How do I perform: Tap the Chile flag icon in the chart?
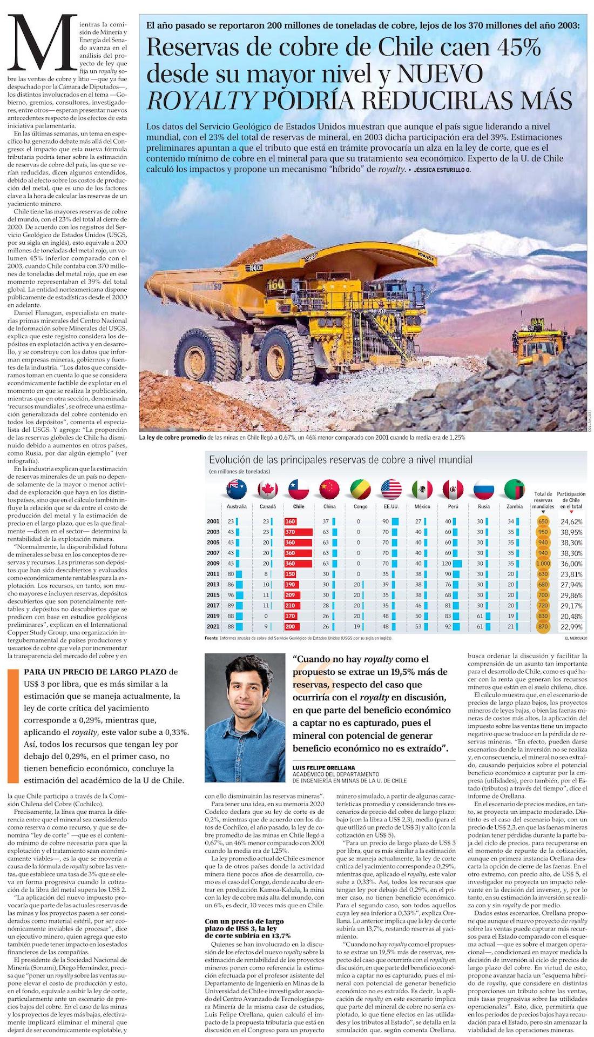click(299, 490)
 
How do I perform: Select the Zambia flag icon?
click(514, 490)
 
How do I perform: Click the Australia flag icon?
click(237, 490)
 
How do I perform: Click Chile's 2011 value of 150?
click(291, 574)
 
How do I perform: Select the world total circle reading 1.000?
click(543, 564)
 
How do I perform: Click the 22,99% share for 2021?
click(571, 627)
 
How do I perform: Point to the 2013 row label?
click(213, 584)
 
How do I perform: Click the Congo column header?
click(360, 506)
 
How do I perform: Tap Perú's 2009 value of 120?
click(449, 564)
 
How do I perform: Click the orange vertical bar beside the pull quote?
click(12, 726)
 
